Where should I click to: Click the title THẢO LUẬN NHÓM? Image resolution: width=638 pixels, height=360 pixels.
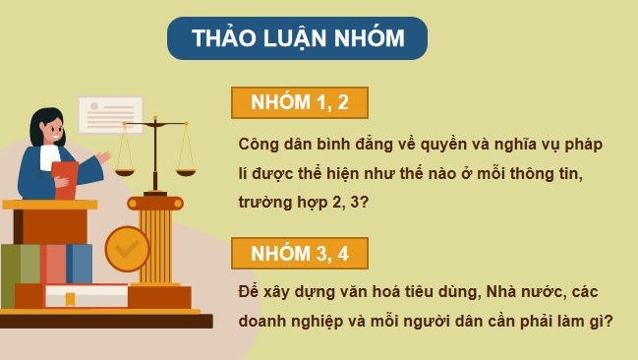[297, 39]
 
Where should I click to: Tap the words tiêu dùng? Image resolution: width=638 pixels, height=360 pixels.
[419, 293]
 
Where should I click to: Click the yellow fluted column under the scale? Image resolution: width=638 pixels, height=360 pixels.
[155, 241]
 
